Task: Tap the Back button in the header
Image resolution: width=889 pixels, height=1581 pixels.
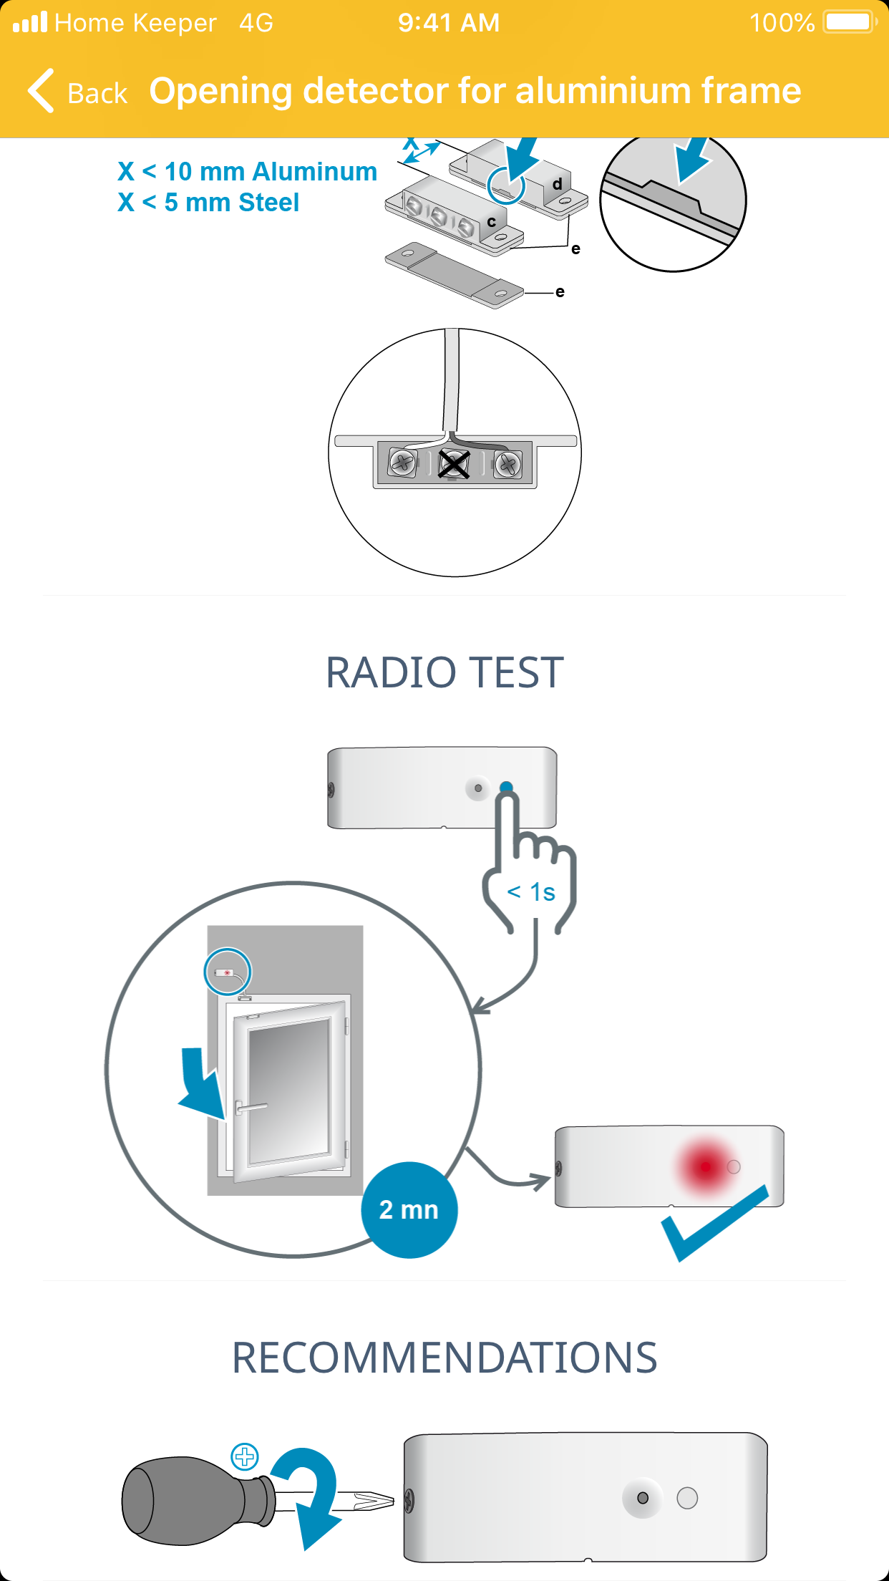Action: tap(77, 92)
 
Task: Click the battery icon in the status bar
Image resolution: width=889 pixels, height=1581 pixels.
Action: tap(850, 22)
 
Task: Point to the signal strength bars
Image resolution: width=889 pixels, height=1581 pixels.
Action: tap(29, 22)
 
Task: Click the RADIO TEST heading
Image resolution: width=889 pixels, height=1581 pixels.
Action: tap(444, 672)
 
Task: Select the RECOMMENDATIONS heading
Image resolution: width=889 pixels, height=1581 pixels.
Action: tap(444, 1358)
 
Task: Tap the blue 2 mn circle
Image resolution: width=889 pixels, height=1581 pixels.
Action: tap(409, 1209)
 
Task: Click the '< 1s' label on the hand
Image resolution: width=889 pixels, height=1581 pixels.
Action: tap(531, 892)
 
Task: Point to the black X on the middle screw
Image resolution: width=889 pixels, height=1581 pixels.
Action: tap(454, 464)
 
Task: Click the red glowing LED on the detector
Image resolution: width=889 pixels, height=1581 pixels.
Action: tap(705, 1166)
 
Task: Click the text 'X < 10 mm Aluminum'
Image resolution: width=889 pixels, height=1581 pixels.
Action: tap(248, 172)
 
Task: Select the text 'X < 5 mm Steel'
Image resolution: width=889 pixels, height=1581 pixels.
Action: tap(208, 203)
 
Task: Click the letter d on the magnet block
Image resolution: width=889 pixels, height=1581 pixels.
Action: tap(557, 184)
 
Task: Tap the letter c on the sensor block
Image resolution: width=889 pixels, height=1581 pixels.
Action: tap(492, 222)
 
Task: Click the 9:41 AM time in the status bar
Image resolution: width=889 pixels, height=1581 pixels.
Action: tap(449, 23)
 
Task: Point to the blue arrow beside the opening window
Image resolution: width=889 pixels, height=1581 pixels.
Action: tap(200, 1081)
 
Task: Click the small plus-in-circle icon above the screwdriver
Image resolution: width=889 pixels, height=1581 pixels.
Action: tap(245, 1456)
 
